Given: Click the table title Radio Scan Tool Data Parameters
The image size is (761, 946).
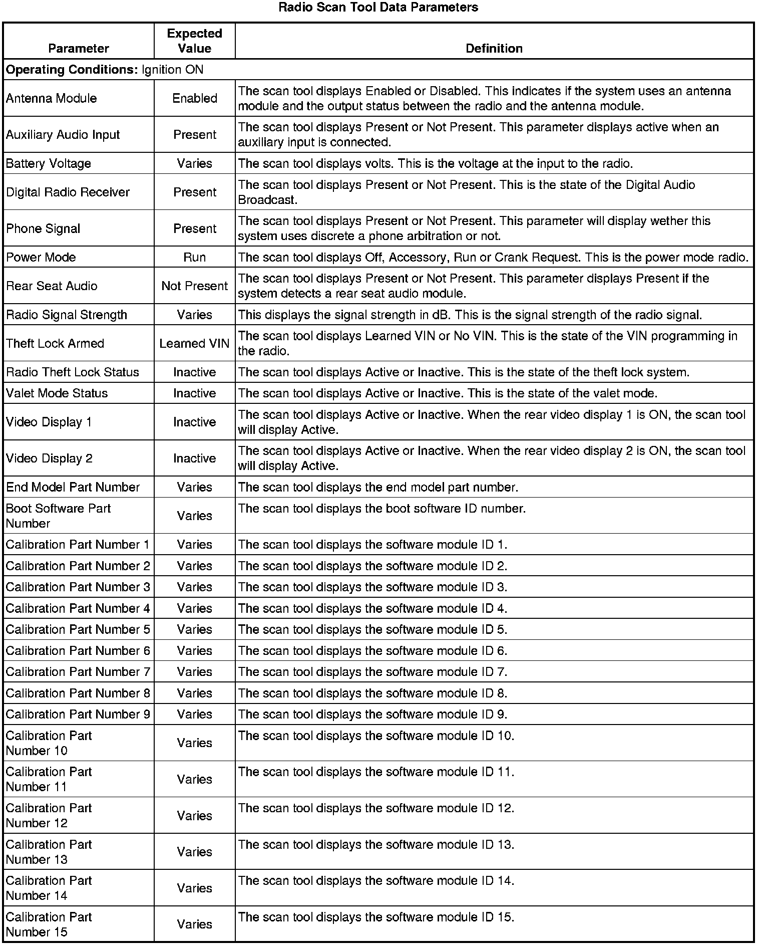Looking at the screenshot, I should coord(378,8).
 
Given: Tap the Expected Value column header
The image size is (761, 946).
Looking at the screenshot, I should coord(194,41).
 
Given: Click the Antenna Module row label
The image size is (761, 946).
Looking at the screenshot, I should coord(51,98).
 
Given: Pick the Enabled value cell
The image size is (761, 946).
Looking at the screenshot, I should coord(194,98).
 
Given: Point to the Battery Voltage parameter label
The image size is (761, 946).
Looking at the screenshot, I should coord(49,163).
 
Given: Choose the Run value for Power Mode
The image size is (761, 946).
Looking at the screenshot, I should coord(194,257).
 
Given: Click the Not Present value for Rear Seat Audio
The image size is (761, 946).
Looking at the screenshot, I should coord(194,286).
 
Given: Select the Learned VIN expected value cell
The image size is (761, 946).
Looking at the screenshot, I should coord(194,343).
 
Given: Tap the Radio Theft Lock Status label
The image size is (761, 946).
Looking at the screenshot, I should coord(73,372).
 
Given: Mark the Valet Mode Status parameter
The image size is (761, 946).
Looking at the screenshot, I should coord(57,393).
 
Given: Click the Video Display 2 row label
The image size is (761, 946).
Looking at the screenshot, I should coord(49,458).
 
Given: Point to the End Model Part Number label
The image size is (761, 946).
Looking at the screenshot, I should coord(73,487).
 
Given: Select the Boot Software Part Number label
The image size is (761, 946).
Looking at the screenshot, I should coord(58,516).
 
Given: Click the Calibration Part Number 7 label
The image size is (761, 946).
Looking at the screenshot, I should coord(78,671).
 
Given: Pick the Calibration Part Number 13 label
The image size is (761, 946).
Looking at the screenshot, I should coord(49,852).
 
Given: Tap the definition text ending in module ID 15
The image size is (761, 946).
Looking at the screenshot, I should coord(376,917).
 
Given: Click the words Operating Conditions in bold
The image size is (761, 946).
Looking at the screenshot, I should coord(72,70).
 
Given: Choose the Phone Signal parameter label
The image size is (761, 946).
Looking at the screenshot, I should coord(43,228).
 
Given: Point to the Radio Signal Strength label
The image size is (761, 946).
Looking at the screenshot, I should coord(67,315).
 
